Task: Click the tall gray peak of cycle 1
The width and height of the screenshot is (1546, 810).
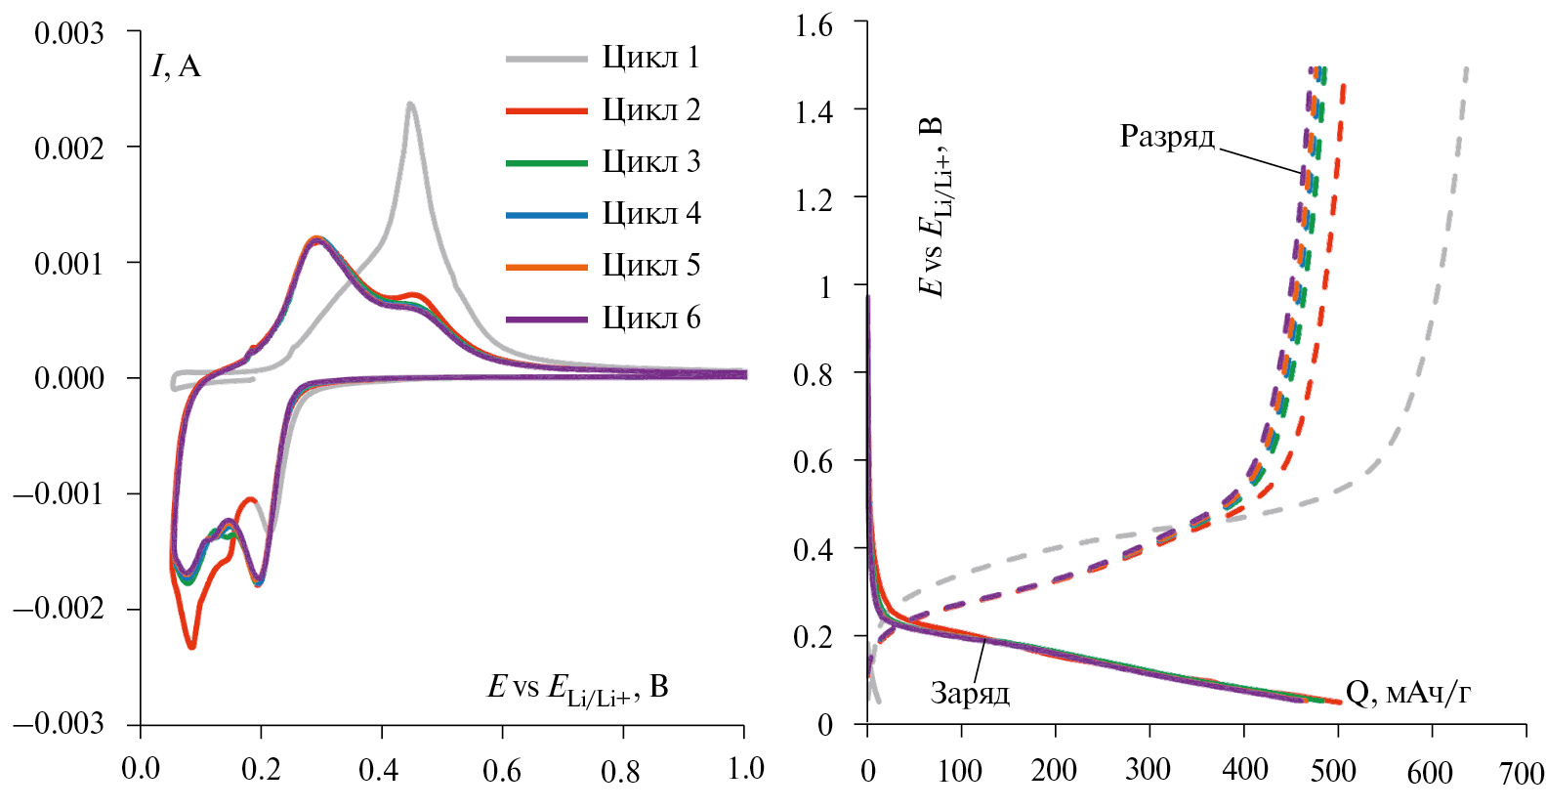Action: point(410,105)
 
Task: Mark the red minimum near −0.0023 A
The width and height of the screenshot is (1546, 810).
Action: point(191,645)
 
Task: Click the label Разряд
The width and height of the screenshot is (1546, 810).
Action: point(1167,137)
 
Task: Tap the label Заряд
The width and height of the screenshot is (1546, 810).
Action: point(970,694)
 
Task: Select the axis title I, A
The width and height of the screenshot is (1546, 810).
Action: point(176,66)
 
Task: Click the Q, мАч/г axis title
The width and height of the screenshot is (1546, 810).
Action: point(1407,693)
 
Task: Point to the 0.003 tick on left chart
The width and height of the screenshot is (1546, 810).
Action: point(68,33)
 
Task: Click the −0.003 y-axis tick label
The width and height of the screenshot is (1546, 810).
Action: point(59,724)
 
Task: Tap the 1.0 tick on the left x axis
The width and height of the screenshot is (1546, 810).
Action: point(745,769)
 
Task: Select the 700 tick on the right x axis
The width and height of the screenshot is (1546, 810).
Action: point(1521,773)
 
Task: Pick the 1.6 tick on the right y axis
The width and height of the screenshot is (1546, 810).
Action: point(814,25)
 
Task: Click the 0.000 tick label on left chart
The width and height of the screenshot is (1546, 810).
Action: point(68,378)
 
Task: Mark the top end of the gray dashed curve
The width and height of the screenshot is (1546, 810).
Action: point(1466,69)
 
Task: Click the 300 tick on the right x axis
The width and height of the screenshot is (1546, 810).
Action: point(1148,771)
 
